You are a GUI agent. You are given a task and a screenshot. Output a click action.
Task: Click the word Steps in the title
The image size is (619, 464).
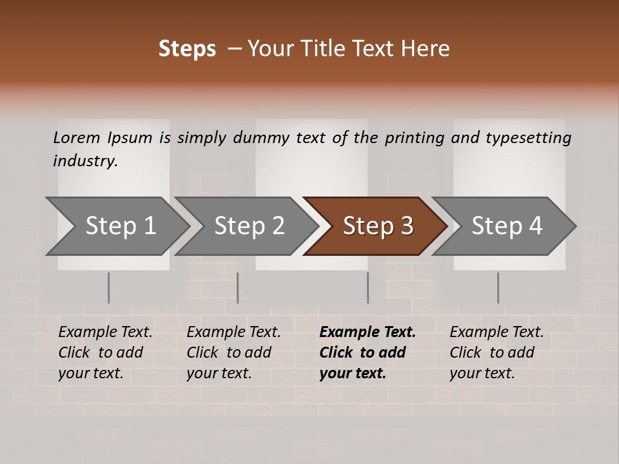187,49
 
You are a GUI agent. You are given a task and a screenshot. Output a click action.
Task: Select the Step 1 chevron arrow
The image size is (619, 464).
120,226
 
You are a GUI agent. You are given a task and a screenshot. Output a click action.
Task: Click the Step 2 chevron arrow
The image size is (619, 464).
249,226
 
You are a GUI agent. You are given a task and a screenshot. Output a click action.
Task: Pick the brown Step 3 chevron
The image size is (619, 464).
377,226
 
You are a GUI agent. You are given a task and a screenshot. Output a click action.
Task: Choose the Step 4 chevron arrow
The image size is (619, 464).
506,226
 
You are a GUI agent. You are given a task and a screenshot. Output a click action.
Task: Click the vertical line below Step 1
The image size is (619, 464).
109,287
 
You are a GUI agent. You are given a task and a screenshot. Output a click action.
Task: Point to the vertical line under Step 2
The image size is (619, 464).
238,287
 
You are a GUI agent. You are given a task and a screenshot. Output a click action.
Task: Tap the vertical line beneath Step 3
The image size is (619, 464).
368,287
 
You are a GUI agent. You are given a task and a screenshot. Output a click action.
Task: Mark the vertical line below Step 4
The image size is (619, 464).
498,287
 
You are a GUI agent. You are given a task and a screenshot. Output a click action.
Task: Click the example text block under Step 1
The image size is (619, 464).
105,353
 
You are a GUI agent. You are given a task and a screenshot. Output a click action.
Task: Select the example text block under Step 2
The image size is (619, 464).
233,353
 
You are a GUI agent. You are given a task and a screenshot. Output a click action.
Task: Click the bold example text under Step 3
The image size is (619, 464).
368,353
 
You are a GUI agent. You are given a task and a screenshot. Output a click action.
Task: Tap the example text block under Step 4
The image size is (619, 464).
496,353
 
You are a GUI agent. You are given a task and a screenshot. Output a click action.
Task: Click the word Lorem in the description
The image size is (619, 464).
77,137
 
